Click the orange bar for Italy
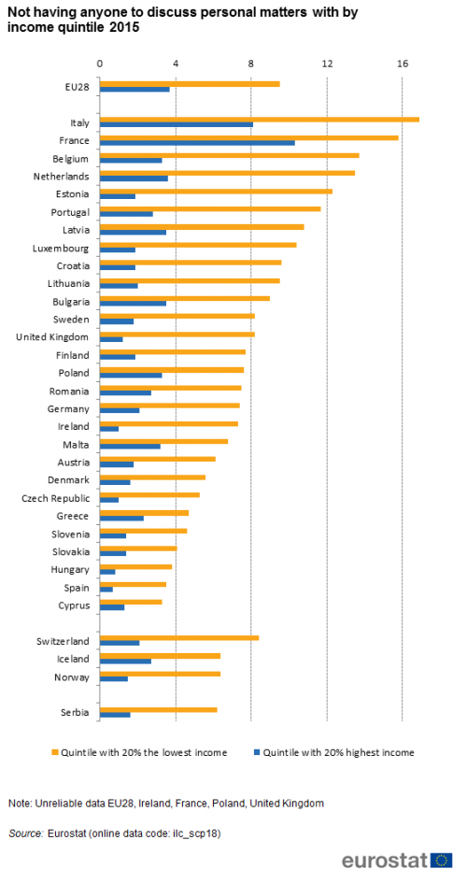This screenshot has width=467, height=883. click(260, 120)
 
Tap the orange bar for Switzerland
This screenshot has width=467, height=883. click(179, 638)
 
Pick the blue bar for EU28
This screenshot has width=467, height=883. click(134, 89)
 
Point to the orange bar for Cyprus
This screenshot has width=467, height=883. click(131, 602)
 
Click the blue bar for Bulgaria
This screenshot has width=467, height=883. click(133, 304)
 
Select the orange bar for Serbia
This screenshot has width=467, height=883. click(159, 709)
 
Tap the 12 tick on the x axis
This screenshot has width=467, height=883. click(327, 64)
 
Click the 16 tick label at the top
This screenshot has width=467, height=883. click(403, 64)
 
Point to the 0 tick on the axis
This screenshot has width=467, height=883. click(100, 64)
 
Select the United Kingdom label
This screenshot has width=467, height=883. click(52, 337)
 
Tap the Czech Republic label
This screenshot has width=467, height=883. click(56, 498)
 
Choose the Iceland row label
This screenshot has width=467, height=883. click(73, 659)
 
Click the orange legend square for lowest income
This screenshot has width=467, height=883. click(54, 752)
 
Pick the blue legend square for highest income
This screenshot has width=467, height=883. click(257, 752)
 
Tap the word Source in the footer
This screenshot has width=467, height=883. click(26, 833)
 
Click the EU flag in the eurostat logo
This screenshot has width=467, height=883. click(442, 860)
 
